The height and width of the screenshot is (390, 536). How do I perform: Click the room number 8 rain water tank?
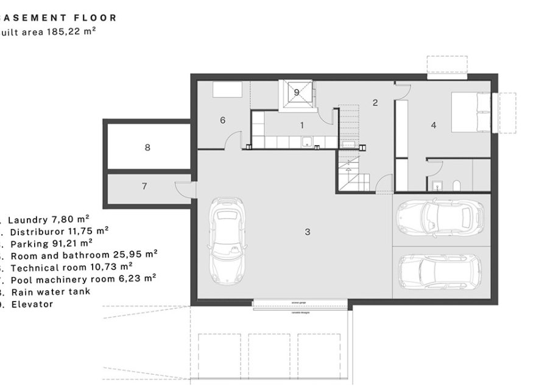click(x=147, y=147)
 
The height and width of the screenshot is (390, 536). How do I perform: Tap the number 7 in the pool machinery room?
click(x=144, y=186)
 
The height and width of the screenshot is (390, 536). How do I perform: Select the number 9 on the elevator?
click(x=297, y=92)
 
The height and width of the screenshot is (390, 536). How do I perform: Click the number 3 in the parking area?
click(x=308, y=232)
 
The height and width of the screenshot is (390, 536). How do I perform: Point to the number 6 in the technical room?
click(x=222, y=120)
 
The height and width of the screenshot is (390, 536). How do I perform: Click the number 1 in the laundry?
click(x=301, y=125)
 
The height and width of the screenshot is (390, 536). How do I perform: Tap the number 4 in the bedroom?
click(x=433, y=125)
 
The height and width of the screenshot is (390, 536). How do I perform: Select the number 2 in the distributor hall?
click(x=375, y=103)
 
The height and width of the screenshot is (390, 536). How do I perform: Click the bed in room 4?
click(x=470, y=112)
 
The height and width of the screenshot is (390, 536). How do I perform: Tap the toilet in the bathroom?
click(x=456, y=185)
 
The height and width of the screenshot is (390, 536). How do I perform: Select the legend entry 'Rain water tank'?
click(x=49, y=291)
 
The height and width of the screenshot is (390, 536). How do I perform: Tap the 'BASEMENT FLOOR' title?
click(x=58, y=18)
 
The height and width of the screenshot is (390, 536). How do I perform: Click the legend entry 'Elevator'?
click(x=31, y=303)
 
